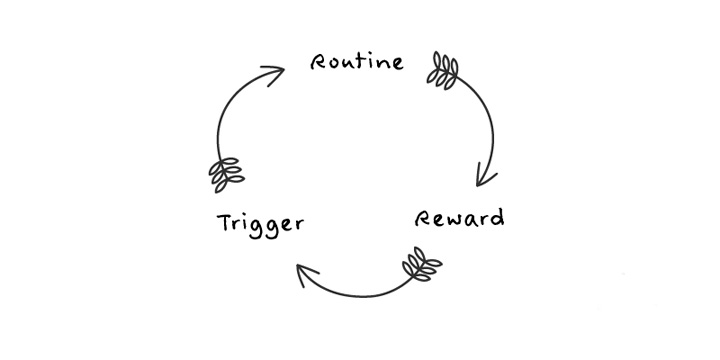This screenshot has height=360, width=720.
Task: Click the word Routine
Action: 357,62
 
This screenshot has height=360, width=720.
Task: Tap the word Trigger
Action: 260,225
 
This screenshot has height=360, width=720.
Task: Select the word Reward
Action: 459,219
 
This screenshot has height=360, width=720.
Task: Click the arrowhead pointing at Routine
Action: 274,75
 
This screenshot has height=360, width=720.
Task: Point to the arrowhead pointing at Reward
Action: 485,175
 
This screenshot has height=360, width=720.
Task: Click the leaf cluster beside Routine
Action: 443,70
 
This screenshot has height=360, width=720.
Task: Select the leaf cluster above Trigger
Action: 226,175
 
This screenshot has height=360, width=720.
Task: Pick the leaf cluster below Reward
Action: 422,265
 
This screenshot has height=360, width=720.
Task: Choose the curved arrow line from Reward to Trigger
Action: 363,296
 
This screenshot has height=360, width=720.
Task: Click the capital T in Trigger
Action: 225,222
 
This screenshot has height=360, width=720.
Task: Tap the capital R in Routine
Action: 318,62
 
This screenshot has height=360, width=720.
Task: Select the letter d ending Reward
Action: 497,218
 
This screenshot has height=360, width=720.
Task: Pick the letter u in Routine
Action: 350,64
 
